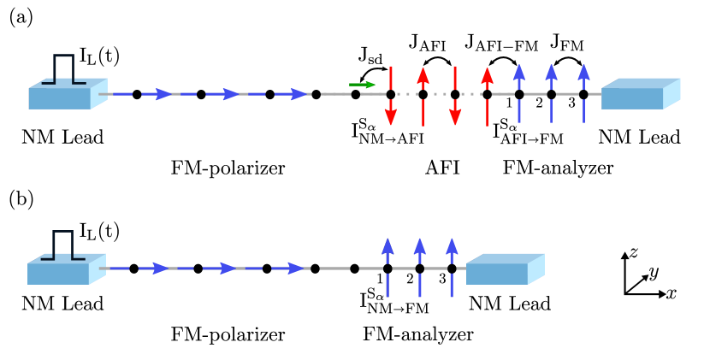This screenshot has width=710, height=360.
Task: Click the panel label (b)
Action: pyautogui.click(x=21, y=199)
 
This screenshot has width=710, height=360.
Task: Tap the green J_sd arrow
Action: pyautogui.click(x=363, y=85)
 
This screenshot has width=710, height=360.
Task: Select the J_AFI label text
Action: pyautogui.click(x=427, y=42)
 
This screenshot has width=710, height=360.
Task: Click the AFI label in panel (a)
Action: pyautogui.click(x=442, y=168)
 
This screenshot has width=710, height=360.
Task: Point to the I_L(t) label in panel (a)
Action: pyautogui.click(x=99, y=56)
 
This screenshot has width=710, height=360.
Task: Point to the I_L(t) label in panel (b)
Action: pyautogui.click(x=99, y=231)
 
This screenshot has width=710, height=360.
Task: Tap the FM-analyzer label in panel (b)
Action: pyautogui.click(x=418, y=334)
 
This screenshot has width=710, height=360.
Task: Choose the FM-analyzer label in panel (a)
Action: pyautogui.click(x=558, y=168)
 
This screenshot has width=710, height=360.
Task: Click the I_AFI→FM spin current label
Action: pyautogui.click(x=528, y=133)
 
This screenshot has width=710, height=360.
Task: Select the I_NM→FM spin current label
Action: pyautogui.click(x=394, y=302)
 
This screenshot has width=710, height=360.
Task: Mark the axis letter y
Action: pyautogui.click(x=654, y=274)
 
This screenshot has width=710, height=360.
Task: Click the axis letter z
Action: pyautogui.click(x=633, y=252)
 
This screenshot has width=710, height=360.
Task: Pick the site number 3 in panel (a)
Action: pyautogui.click(x=571, y=103)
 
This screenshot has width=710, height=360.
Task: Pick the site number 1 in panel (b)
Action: pyautogui.click(x=379, y=278)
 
